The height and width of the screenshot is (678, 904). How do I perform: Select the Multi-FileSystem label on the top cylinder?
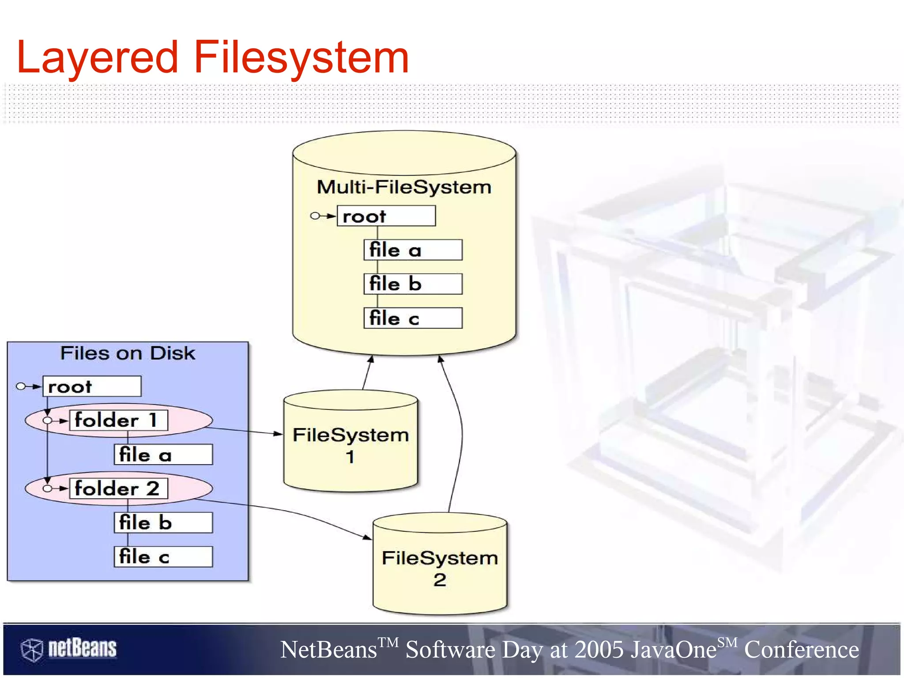pos(404,187)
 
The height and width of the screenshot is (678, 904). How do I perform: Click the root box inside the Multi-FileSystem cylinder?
pos(386,216)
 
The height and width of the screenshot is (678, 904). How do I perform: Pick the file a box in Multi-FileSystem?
pos(413,250)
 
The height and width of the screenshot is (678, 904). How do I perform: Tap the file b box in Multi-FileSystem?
pos(413,284)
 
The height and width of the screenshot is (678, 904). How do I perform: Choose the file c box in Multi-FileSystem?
pos(413,318)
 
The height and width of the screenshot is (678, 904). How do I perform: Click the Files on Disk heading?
pos(127,353)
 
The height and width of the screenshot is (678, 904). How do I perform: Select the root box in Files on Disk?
pos(92,386)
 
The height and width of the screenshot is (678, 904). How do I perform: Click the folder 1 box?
pos(118,420)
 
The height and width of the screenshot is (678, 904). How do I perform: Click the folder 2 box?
pos(118,489)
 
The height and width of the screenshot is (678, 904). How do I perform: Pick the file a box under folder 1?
pos(163,455)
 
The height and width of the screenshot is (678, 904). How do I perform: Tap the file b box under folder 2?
pos(163,523)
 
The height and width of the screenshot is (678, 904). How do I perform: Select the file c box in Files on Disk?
pos(163,557)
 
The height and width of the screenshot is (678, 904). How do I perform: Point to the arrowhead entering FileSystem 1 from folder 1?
pos(278,434)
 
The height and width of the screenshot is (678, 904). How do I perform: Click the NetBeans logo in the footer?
pos(69,649)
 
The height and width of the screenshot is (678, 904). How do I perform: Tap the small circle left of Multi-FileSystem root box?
pos(315,216)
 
